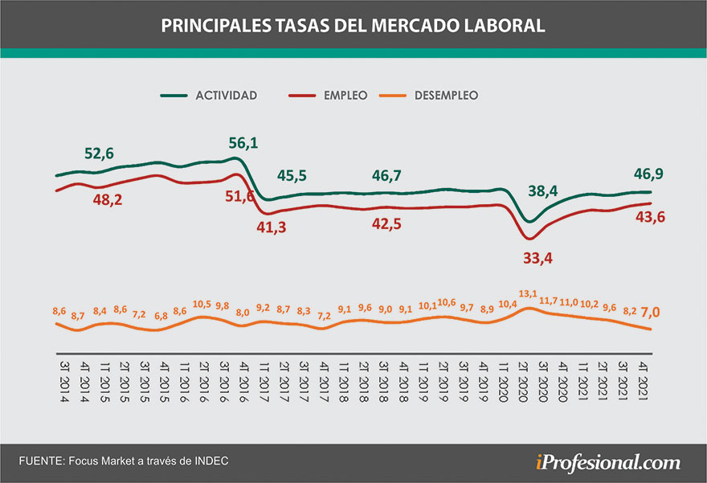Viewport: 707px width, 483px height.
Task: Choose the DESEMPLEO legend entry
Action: (446, 96)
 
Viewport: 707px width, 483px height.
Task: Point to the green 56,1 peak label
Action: (243, 142)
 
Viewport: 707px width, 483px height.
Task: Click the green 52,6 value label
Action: (100, 153)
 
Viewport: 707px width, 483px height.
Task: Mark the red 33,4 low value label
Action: (539, 259)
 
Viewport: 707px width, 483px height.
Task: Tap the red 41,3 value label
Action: (271, 228)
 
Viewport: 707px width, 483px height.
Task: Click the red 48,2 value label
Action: (107, 200)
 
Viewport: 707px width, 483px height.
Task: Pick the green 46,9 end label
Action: (653, 174)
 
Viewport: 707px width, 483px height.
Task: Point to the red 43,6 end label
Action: (654, 216)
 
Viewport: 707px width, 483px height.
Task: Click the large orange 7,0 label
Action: (650, 311)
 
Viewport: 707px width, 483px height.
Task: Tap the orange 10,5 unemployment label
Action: (200, 303)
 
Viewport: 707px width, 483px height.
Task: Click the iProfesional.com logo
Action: (607, 462)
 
